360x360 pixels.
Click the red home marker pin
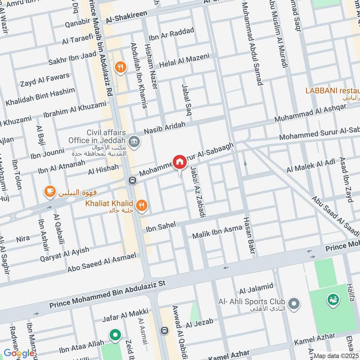pyautogui.click(x=179, y=162)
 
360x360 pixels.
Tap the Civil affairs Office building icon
pyautogui.click(x=134, y=142)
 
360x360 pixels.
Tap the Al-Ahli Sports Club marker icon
pyautogui.click(x=294, y=304)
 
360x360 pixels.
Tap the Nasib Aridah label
pyautogui.click(x=165, y=128)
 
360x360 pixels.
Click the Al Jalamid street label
pyautogui.click(x=256, y=287)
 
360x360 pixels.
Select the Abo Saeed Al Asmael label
pyautogui.click(x=102, y=262)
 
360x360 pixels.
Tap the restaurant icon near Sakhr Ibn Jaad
pyautogui.click(x=120, y=67)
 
